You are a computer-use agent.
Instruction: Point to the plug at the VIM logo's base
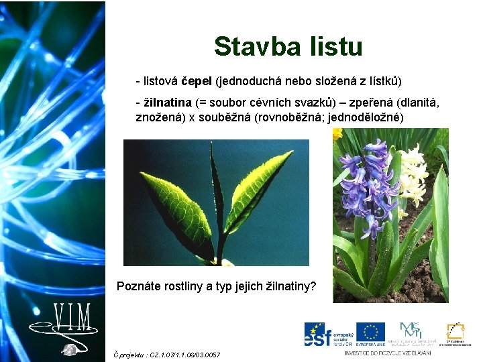(68, 349)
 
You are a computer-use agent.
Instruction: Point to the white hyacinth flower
(413, 174)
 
